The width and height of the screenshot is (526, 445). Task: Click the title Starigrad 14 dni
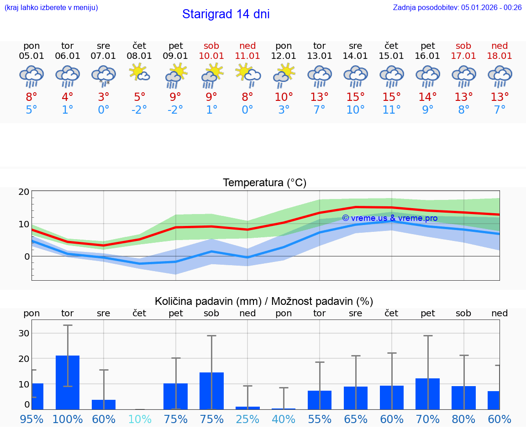[x=226, y=14]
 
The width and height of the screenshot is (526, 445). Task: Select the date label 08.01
[x=139, y=56]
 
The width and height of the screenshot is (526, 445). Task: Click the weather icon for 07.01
[x=104, y=75]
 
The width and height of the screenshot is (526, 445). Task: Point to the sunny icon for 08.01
[x=139, y=73]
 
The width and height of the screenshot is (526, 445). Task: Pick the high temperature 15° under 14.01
[x=355, y=97]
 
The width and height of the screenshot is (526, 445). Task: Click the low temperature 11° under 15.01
[x=391, y=110]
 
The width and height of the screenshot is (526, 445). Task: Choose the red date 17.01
[x=463, y=56]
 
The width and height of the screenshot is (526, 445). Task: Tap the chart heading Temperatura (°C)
[x=264, y=183]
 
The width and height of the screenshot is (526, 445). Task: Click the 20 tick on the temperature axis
[x=24, y=192]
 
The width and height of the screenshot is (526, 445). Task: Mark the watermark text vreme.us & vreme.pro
[x=389, y=218]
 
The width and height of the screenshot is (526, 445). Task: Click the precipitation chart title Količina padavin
[x=264, y=301]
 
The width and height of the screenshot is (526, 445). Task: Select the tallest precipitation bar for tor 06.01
[x=68, y=382]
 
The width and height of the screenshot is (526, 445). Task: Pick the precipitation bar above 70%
[x=428, y=393]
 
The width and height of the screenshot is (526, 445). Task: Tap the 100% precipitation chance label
[x=68, y=419]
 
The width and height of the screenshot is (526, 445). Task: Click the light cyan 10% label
[x=139, y=419]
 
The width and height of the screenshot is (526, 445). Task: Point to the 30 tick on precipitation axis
[x=24, y=333]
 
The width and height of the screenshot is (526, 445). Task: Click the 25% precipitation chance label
[x=247, y=419]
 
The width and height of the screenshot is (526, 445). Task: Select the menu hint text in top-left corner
[x=51, y=7]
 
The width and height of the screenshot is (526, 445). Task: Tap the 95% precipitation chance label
[x=32, y=419]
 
